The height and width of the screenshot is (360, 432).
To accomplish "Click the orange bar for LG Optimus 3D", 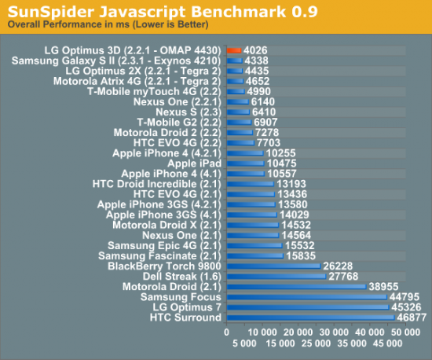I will click(233, 50).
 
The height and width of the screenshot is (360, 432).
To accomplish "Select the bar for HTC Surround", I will click(309, 318).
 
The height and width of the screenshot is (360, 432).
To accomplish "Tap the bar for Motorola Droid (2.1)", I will click(295, 286).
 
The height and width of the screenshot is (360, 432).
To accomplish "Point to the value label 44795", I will click(405, 297).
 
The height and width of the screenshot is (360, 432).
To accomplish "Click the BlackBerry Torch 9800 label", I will click(164, 266).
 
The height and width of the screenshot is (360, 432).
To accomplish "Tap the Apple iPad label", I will click(200, 163).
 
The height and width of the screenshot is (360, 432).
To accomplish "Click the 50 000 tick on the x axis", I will click(405, 333).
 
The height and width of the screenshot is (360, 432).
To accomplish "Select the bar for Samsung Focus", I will click(306, 297).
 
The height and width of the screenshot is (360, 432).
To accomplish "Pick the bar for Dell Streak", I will click(275, 276).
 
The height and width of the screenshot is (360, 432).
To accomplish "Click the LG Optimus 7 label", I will click(185, 307).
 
